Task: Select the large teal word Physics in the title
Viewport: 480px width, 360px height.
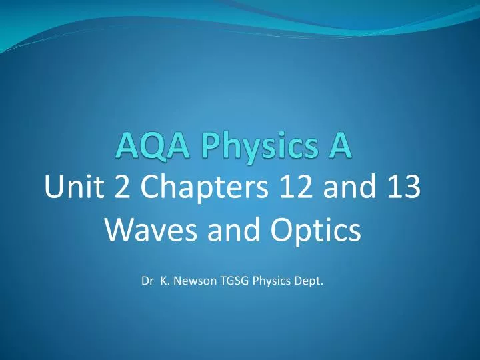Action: tap(260, 147)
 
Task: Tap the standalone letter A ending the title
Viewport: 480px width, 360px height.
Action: tap(340, 146)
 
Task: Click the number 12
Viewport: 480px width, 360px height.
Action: tap(296, 187)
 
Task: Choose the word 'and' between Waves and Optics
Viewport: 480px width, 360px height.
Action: tap(233, 229)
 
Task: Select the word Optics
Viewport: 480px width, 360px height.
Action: tap(315, 231)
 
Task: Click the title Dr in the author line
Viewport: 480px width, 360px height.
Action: tap(147, 281)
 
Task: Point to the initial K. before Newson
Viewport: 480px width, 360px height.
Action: tap(165, 281)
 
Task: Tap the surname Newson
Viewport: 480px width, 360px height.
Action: tap(195, 281)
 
